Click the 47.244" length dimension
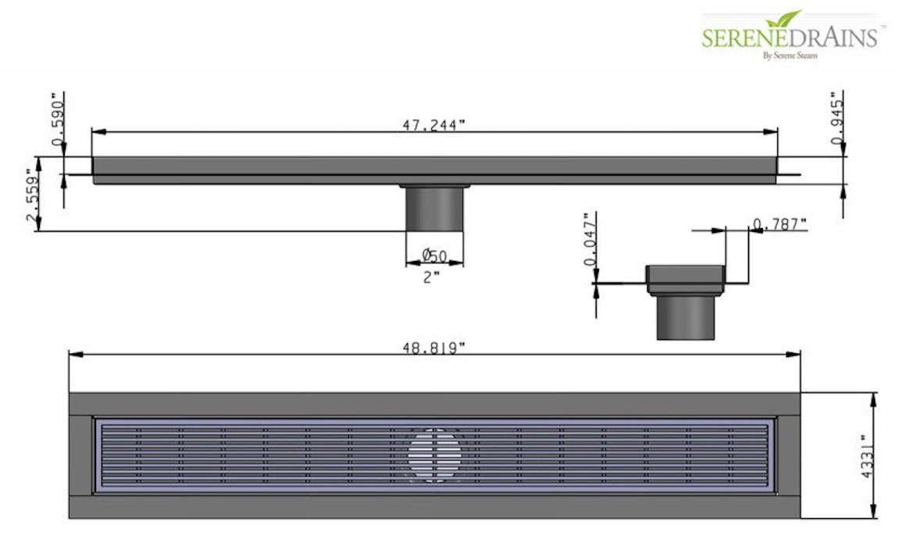(x=433, y=126)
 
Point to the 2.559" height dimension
(x=32, y=198)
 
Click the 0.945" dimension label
(x=839, y=119)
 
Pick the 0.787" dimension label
(x=779, y=225)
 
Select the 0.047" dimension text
(x=590, y=238)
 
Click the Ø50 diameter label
(x=434, y=256)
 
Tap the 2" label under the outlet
(x=432, y=277)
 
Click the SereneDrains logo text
(x=789, y=38)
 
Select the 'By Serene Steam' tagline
(x=789, y=55)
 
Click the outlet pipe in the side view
(x=435, y=209)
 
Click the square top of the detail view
(x=685, y=275)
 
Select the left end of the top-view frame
(x=81, y=456)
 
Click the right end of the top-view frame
(x=789, y=456)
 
